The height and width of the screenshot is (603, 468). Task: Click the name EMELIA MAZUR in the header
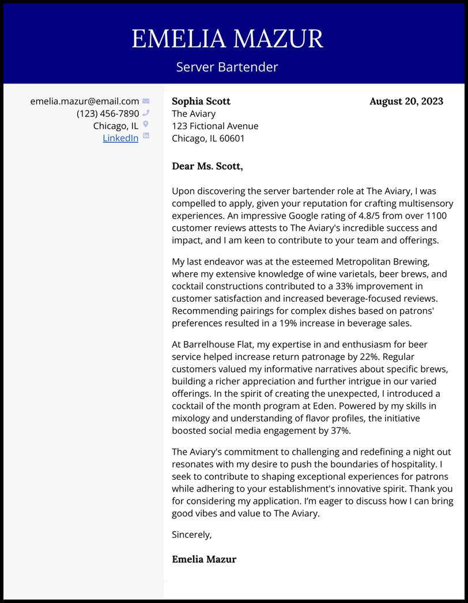[227, 39]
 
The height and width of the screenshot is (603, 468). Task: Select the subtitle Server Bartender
[227, 67]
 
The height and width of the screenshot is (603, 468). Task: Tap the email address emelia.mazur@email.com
[85, 101]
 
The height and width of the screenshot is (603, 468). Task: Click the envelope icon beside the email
[146, 101]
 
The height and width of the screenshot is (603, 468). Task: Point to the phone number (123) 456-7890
[108, 113]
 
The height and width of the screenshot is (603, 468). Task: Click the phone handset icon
[146, 113]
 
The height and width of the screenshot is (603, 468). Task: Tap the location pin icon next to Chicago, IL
[146, 124]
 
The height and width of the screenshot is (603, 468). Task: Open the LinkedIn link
[120, 138]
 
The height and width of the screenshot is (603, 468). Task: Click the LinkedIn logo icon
[146, 136]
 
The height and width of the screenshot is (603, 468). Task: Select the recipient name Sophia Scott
[201, 101]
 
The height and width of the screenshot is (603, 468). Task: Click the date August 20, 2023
[406, 101]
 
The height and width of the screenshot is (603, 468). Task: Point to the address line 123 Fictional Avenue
[215, 126]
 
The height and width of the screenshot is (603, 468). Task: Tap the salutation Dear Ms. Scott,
[207, 166]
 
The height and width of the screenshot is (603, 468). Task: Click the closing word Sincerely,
[192, 534]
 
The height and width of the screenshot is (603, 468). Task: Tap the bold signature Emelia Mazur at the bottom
[204, 559]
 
